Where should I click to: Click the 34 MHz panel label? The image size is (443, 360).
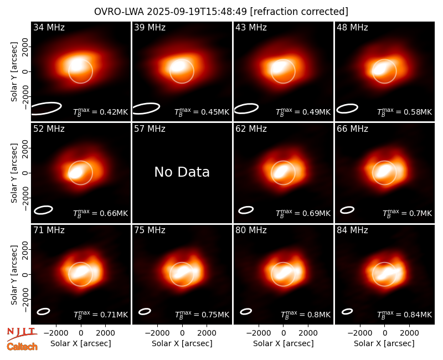[x=49, y=27]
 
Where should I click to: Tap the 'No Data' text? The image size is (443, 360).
[x=182, y=172]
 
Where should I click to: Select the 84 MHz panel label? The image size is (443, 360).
[x=352, y=230]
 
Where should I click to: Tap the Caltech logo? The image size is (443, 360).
[x=22, y=347]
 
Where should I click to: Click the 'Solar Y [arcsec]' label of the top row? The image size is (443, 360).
[x=14, y=72]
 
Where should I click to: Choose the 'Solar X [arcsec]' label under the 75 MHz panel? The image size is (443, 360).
[x=182, y=343]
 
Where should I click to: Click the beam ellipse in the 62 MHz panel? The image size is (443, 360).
[x=246, y=210]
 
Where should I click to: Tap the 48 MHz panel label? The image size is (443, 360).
[x=352, y=27]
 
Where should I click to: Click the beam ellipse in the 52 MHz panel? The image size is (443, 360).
[x=44, y=210]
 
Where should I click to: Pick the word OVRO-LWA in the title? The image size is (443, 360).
[x=119, y=12]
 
